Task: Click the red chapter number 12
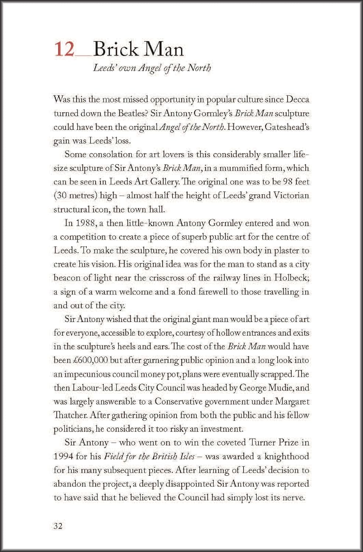[65, 49]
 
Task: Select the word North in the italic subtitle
[199, 68]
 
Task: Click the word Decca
[297, 100]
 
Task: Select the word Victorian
[291, 195]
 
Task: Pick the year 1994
[63, 457]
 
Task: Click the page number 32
[58, 526]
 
